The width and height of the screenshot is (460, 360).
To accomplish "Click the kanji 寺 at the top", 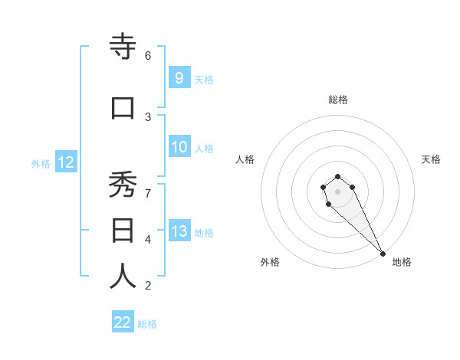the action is [123, 47].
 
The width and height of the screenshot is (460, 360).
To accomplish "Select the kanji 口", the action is [123, 109].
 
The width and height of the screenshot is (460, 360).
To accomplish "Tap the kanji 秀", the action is [123, 185].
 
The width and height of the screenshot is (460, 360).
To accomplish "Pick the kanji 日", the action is [123, 231].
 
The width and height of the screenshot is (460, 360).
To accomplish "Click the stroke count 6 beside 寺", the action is [148, 55].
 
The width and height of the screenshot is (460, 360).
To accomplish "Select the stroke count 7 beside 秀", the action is [148, 193].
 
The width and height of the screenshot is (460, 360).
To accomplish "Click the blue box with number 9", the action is [179, 77].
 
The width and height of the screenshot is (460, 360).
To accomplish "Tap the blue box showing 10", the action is [179, 147].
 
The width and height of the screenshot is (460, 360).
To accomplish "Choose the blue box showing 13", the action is [179, 231].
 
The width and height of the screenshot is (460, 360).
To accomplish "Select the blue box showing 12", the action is [65, 162].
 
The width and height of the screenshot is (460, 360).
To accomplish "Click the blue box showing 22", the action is [123, 322].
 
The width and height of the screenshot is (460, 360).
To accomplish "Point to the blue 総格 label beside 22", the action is [147, 324].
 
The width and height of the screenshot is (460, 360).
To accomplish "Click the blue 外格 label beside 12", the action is [41, 163].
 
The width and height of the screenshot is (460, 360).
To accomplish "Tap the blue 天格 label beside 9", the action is [204, 79].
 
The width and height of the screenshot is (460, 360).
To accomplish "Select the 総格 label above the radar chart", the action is [338, 100].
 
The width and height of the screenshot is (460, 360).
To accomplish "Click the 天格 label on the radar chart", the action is [431, 159].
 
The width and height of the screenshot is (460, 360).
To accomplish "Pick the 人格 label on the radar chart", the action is [245, 159].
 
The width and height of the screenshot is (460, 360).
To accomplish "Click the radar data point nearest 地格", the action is [383, 254].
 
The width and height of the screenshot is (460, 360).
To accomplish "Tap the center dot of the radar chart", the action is [337, 191].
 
